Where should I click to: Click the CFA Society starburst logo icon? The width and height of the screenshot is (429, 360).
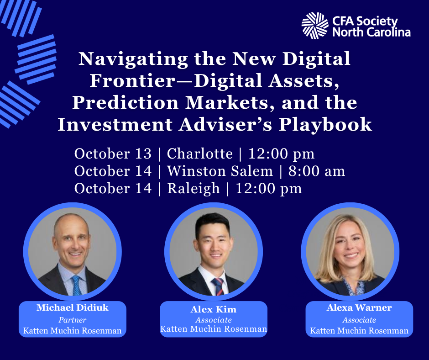[315, 26]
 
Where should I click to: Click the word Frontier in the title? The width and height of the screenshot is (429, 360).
[132, 81]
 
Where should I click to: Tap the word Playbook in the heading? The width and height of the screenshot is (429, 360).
[325, 125]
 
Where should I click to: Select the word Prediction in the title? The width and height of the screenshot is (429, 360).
[126, 103]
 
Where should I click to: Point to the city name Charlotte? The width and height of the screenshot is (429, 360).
[200, 154]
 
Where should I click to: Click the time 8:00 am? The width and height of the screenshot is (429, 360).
[317, 171]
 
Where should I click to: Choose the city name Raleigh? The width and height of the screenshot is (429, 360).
[194, 189]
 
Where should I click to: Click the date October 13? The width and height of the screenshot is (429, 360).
[113, 154]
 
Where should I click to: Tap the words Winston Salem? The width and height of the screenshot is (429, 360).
[220, 171]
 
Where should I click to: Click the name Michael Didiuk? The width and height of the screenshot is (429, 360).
[73, 307]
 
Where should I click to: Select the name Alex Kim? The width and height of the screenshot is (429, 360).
[214, 310]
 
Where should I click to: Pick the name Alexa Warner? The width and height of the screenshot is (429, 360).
[359, 307]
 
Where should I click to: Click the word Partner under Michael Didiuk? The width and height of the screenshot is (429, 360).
[73, 320]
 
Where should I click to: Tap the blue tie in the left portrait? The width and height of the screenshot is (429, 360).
[77, 286]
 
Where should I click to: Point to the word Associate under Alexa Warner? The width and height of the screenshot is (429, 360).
[359, 320]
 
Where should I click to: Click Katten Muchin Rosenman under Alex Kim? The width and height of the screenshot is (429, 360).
[214, 329]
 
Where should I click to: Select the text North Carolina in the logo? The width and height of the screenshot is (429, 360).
[371, 32]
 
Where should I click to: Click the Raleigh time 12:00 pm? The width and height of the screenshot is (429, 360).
[268, 189]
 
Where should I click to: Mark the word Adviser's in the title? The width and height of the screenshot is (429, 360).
[225, 125]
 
